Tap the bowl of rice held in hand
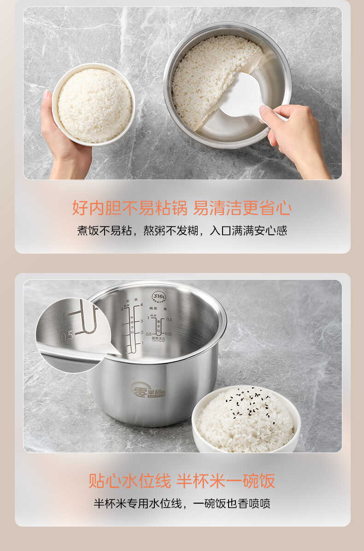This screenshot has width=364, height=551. point(94,104)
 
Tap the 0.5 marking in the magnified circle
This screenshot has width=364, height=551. point(67,336)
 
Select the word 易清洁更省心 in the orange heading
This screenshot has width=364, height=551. point(242,208)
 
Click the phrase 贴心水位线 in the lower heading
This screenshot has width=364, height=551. point(129,481)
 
